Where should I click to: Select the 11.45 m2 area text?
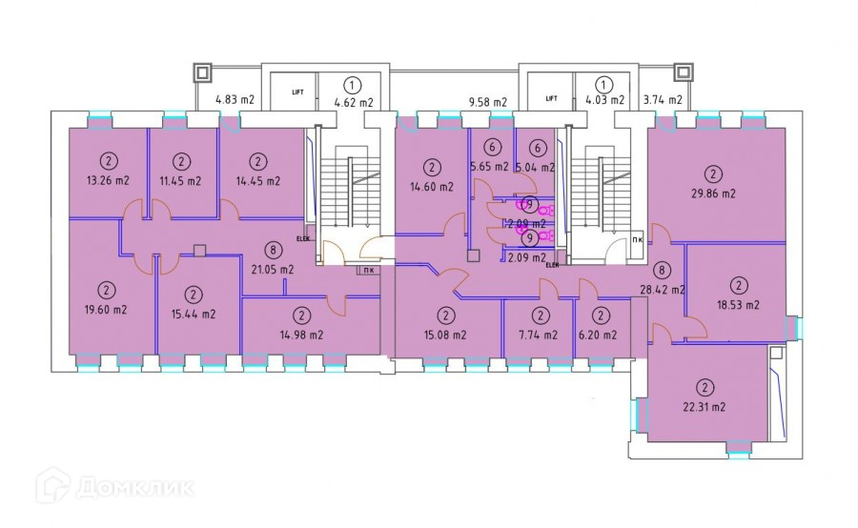point(180,180)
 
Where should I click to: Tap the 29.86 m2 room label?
point(713,193)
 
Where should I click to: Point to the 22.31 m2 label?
point(704,407)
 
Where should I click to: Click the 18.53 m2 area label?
point(738,305)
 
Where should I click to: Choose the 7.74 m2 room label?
point(541,335)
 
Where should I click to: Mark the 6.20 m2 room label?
point(601,335)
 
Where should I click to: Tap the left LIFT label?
point(297,92)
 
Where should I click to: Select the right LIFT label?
point(551,98)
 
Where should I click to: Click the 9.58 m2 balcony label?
point(487,101)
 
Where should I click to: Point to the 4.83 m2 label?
point(235,99)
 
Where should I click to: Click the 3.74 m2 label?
point(663,99)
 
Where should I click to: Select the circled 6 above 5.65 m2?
point(492,148)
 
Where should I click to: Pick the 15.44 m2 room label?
point(194,314)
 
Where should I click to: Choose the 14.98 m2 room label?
point(301,335)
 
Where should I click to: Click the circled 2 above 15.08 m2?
point(445,315)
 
